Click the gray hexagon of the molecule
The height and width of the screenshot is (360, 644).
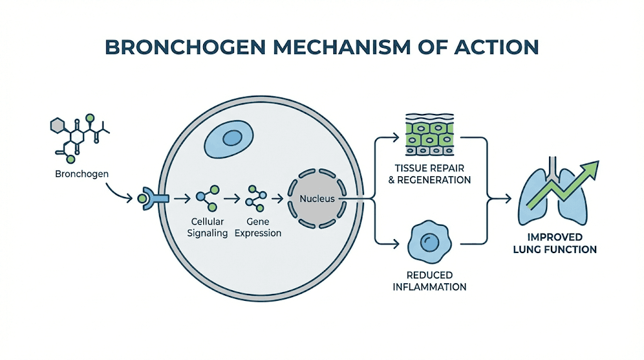pyautogui.click(x=57, y=125)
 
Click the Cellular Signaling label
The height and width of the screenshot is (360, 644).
pyautogui.click(x=209, y=228)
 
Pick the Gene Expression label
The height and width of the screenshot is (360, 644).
pyautogui.click(x=260, y=228)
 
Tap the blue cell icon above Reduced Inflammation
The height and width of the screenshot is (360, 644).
pyautogui.click(x=430, y=242)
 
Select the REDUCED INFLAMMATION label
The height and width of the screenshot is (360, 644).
pyautogui.click(x=430, y=281)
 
